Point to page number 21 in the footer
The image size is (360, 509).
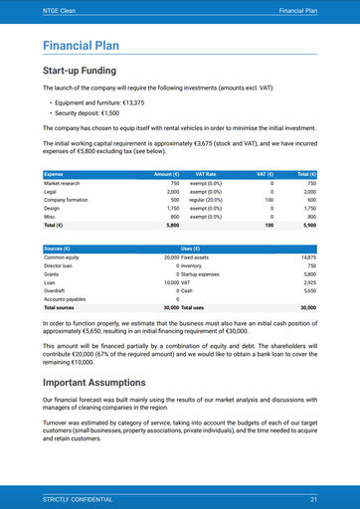(313, 498)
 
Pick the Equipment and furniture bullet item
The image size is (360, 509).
(99, 103)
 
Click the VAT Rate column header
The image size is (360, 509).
(206, 175)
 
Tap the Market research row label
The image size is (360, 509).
(63, 184)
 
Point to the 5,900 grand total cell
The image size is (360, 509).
(307, 226)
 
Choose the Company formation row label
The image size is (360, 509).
(69, 200)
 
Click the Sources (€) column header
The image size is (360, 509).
(58, 248)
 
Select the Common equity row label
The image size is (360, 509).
(62, 257)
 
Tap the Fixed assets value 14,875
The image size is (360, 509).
(307, 257)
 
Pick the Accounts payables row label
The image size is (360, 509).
(66, 299)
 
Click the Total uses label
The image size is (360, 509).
(193, 308)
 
